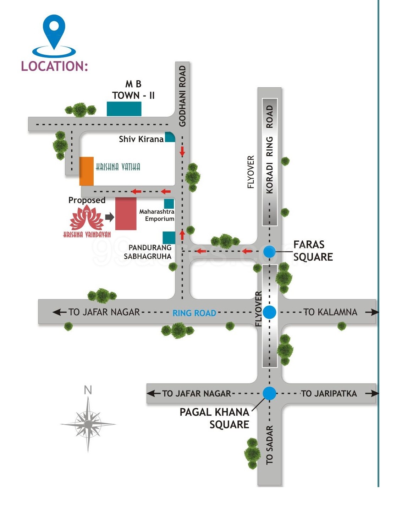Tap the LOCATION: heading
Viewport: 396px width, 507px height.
[54, 66]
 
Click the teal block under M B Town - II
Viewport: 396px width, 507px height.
[124, 109]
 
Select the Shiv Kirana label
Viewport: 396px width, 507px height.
[141, 139]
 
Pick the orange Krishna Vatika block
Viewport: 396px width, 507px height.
[86, 171]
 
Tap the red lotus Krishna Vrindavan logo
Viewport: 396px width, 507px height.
[87, 217]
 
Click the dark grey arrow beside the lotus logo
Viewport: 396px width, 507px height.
[110, 217]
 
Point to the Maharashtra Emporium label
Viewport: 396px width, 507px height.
[157, 215]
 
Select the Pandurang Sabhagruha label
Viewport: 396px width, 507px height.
[148, 252]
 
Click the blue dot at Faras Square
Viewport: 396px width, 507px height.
[269, 251]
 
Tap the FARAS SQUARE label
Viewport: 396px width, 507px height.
[313, 251]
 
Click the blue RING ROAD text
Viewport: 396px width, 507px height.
[194, 313]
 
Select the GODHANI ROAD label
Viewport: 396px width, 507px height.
[182, 96]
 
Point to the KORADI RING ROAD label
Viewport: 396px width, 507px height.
[270, 149]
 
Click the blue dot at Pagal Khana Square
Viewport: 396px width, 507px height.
[269, 393]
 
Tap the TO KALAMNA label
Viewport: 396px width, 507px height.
[330, 312]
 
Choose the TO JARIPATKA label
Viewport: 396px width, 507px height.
[329, 393]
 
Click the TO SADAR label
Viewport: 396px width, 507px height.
[270, 445]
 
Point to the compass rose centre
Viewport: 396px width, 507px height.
[88, 424]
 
